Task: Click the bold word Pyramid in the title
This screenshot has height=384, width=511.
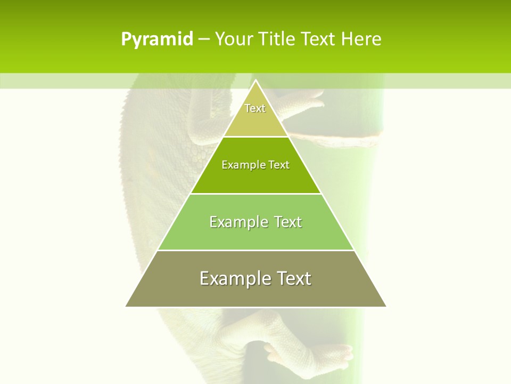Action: (156, 39)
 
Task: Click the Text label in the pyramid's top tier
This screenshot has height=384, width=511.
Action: (255, 108)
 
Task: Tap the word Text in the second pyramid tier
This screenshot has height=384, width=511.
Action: (279, 165)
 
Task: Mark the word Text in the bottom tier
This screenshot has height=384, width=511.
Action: (294, 278)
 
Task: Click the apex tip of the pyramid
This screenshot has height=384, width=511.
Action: (256, 81)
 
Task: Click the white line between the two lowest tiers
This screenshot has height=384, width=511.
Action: (256, 250)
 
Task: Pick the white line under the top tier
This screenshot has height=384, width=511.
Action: (256, 137)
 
